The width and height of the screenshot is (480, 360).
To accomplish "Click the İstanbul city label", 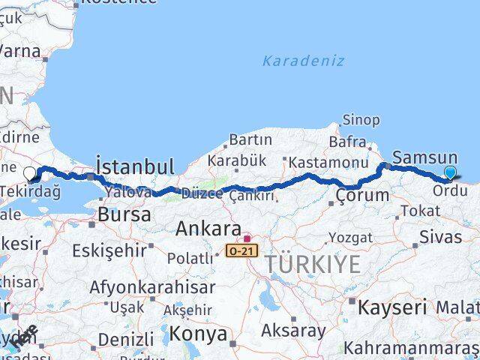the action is pos(135,166).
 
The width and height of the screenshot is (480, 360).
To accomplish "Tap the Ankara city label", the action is pos(208,229).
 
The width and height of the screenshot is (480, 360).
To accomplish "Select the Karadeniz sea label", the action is pos(303,61).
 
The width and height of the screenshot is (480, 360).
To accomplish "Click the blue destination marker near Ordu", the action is pos(450,173).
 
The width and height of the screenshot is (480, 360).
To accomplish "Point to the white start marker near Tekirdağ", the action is pos(29,174).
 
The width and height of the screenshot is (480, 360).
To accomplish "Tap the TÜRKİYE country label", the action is pos(310,264).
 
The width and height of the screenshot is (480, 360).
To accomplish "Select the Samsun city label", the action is pos(424,157).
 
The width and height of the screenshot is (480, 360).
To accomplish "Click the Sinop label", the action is pos(361,120).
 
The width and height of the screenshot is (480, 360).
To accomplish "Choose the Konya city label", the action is pos(199,332).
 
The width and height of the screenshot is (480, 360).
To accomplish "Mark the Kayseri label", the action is pos(392,307).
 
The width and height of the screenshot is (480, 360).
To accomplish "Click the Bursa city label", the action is pos(124,214).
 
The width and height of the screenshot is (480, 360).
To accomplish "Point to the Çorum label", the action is pos(363,196).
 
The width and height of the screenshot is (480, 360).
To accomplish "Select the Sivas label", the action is pos(441,238).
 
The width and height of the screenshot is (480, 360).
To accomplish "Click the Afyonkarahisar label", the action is pos(151,286).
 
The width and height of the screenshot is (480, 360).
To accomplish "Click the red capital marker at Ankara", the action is pos(247,239).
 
